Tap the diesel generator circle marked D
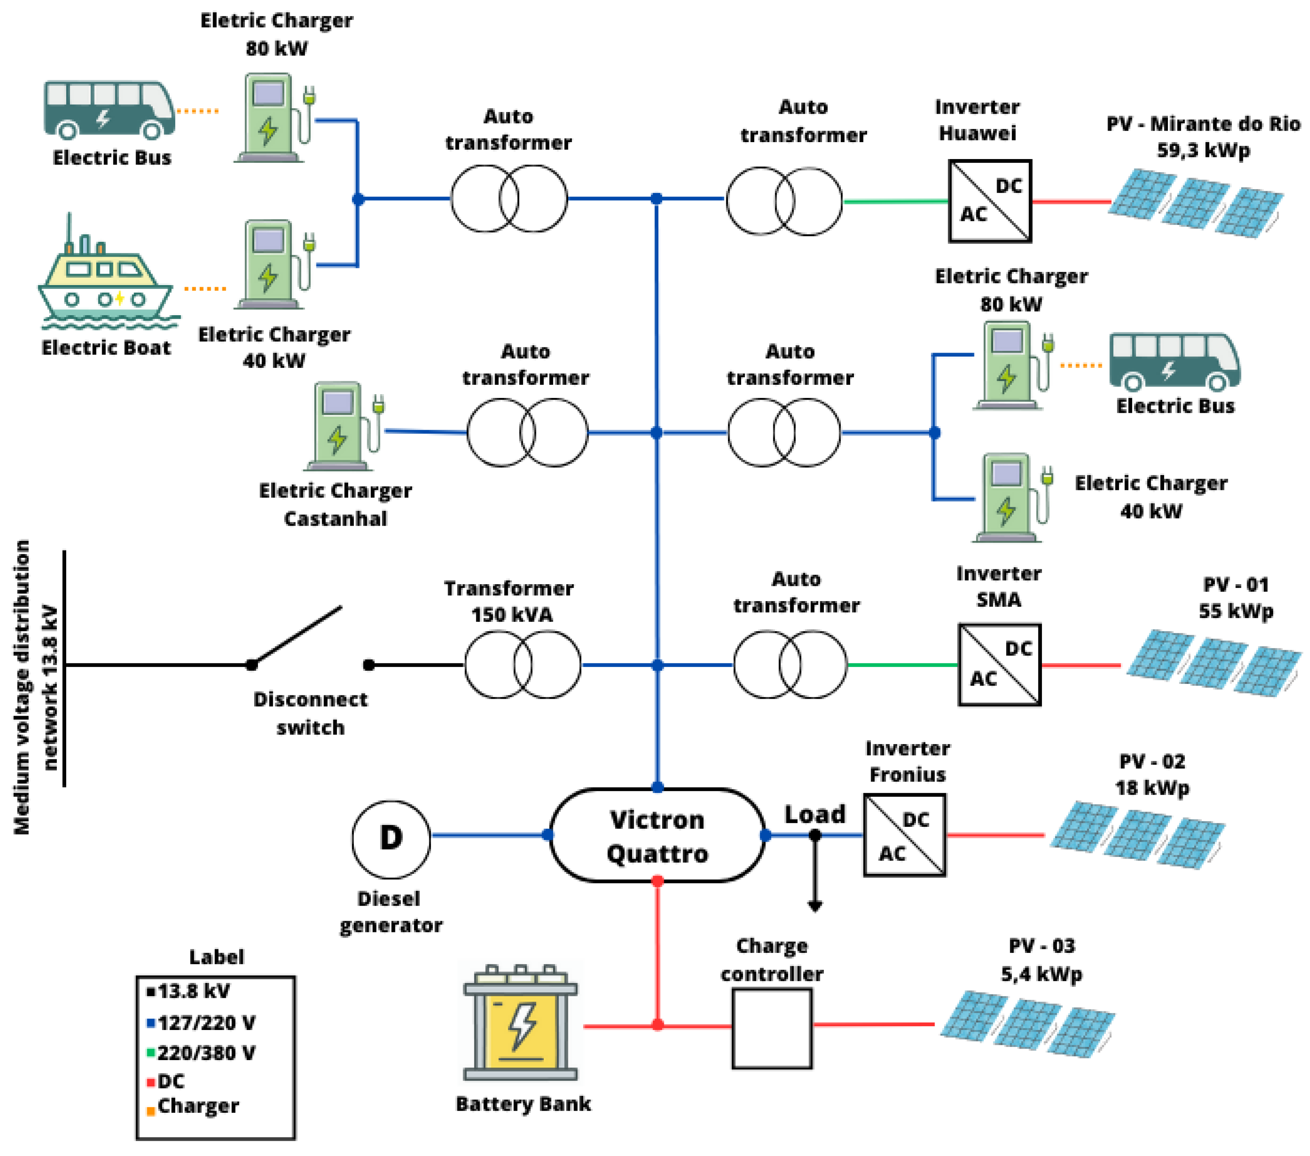391,839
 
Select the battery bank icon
521,1023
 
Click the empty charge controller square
772,1028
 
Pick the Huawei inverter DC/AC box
990,201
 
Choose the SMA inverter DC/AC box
999,664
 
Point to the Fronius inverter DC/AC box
904,835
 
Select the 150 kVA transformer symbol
522,664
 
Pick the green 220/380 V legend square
151,1052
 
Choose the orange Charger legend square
151,1111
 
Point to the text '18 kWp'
1152,787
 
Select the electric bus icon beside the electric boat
109,109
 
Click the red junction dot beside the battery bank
658,1024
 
